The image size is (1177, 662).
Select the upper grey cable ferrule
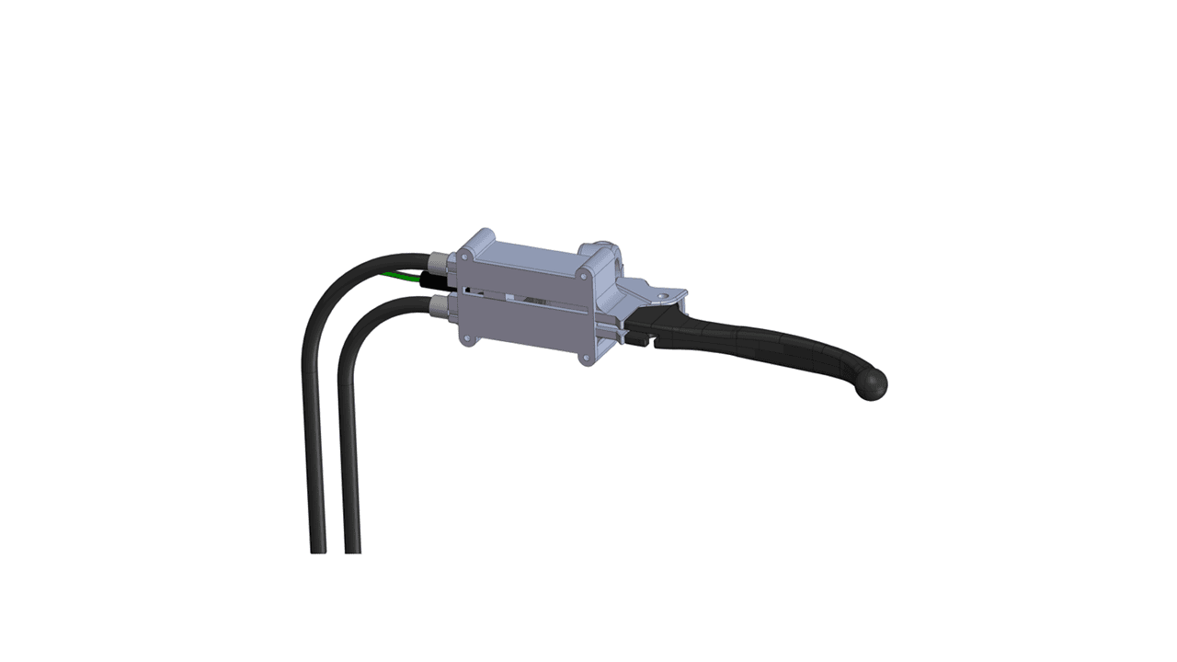(439, 267)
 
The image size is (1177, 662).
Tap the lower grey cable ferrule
(439, 305)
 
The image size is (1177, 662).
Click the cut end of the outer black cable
(318, 551)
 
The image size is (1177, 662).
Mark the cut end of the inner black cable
(352, 551)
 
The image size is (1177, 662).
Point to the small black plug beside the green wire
(431, 280)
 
